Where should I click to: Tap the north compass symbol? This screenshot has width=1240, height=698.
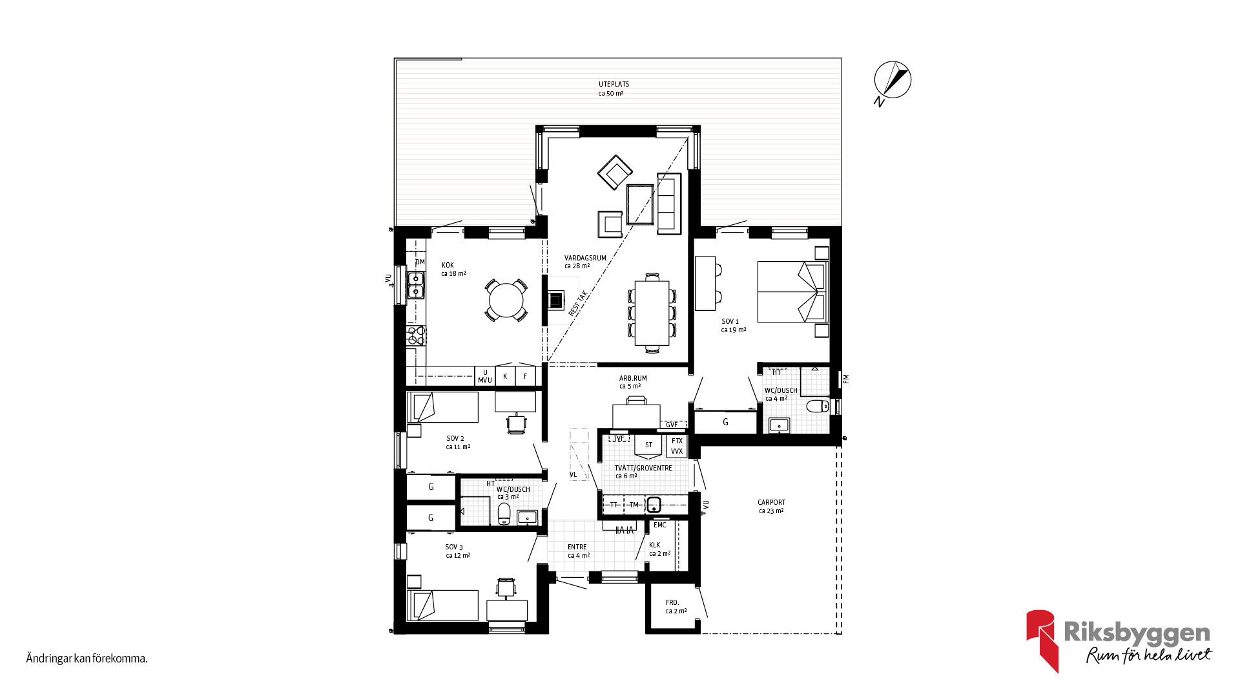coord(892,81)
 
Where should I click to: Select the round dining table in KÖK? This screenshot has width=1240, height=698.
coord(506,301)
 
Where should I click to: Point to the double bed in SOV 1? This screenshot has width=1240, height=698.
coord(792,291)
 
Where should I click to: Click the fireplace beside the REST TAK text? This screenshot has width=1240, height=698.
coord(555,300)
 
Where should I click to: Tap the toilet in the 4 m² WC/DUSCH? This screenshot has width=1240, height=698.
coord(818,406)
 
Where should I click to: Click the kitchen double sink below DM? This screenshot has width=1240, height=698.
coord(415,285)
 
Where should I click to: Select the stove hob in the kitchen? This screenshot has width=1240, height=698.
coord(416,335)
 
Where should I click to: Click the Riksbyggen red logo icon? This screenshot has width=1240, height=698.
coord(1042,640)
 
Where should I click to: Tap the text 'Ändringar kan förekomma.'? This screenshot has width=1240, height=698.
coord(87,659)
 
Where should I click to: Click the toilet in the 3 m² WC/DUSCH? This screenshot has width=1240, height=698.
coord(504,514)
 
